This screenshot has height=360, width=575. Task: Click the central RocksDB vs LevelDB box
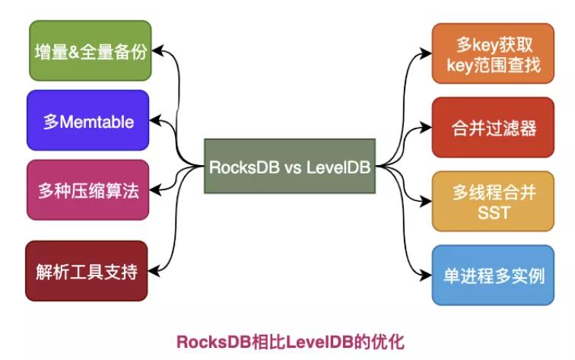click(x=291, y=167)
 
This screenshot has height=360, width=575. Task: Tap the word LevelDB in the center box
click(x=338, y=167)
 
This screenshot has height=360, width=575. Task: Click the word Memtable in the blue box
click(x=97, y=121)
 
